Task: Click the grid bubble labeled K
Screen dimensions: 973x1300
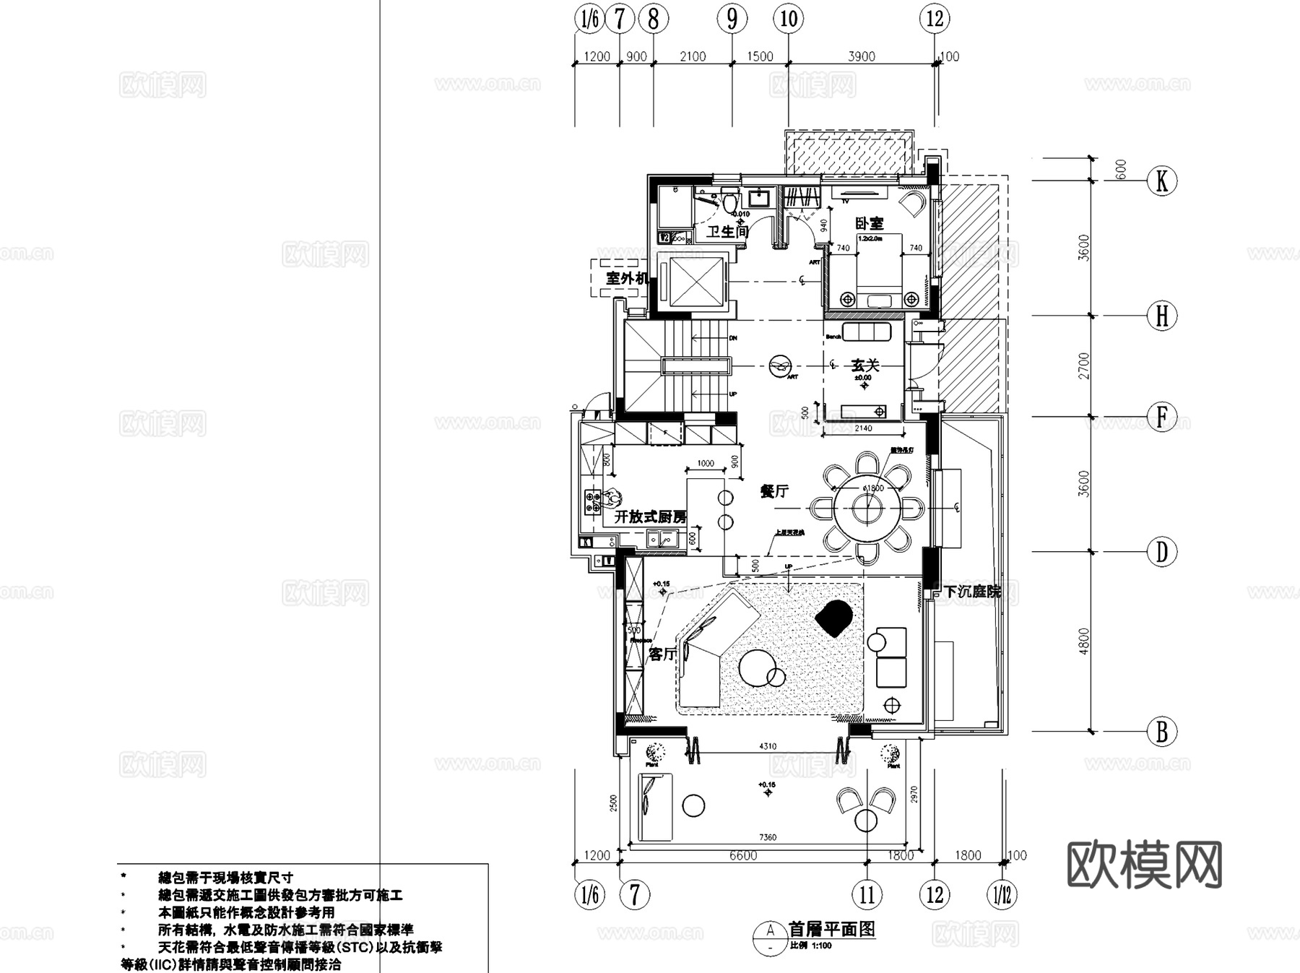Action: pos(1161,181)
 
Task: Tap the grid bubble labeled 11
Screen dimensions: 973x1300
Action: pos(867,895)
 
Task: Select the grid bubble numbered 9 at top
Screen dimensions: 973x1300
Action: pos(732,19)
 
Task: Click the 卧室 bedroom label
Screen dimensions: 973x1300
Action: pos(869,224)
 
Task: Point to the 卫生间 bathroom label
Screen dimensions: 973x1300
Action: pos(727,231)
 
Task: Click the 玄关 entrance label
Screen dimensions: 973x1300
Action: pos(864,366)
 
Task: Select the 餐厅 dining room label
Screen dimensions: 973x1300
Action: pos(773,491)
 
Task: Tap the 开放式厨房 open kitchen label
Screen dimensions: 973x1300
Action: pos(650,517)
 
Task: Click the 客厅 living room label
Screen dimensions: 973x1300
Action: pos(662,654)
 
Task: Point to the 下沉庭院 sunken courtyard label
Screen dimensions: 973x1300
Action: pos(973,592)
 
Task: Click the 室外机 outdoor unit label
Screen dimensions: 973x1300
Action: pos(626,277)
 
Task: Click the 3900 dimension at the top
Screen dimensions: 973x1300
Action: pos(861,56)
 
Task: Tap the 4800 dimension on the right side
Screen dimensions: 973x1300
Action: pos(1083,641)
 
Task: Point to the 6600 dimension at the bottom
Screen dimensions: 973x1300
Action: pos(742,855)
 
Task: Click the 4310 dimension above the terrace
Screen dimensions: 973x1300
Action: pos(768,746)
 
